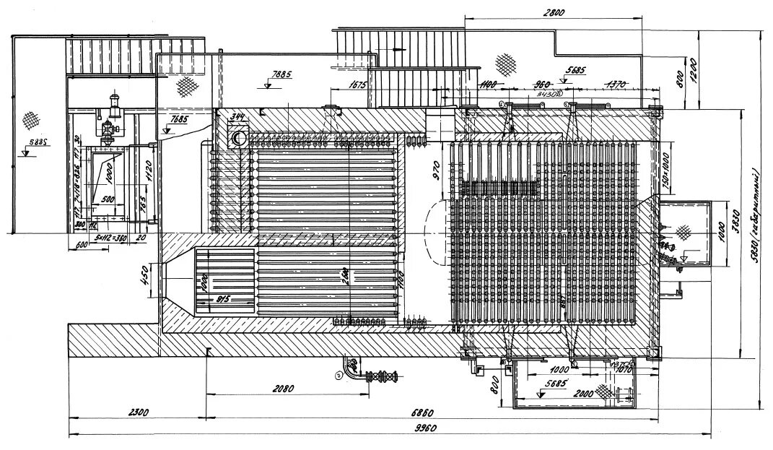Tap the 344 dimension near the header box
coord(237,118)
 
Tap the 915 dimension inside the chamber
coord(222,300)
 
